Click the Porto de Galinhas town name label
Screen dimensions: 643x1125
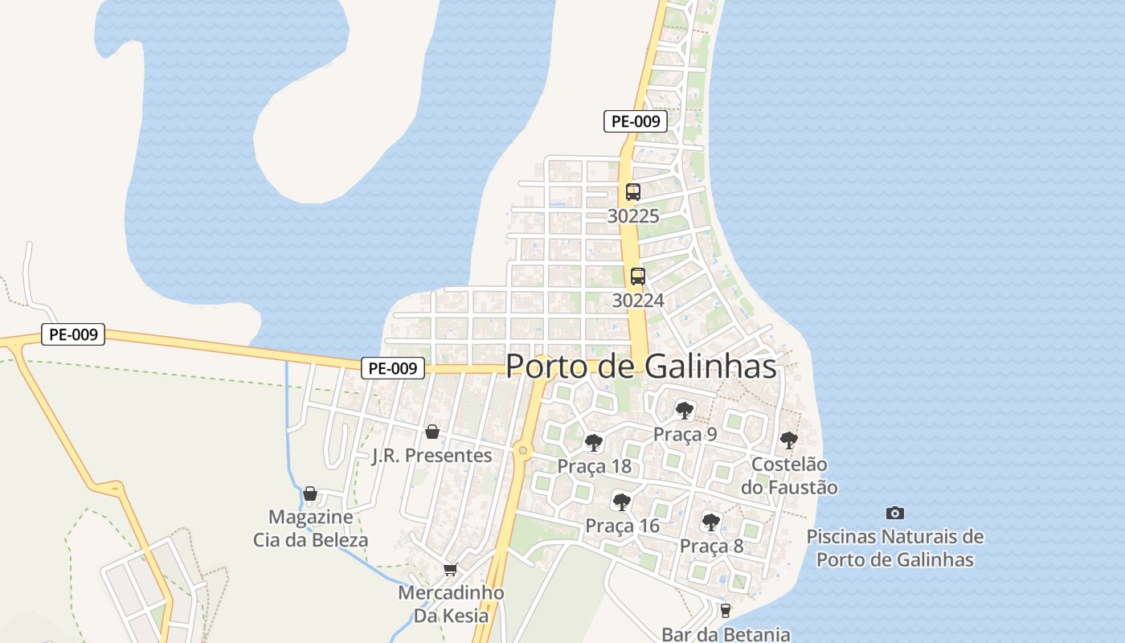(641, 367)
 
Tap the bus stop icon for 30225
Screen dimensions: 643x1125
(633, 192)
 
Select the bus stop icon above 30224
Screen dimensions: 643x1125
(638, 276)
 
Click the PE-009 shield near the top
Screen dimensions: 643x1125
(636, 121)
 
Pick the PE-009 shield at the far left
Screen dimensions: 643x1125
(73, 334)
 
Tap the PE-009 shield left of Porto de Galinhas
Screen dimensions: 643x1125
(392, 368)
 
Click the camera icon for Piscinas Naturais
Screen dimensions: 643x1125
(894, 513)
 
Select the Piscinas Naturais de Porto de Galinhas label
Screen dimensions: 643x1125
(894, 548)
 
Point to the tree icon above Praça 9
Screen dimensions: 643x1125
(685, 411)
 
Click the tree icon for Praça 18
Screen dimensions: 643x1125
(594, 442)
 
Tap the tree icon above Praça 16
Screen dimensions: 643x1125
(621, 502)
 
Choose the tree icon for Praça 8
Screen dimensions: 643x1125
(711, 522)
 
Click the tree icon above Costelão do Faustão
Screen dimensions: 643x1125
(789, 440)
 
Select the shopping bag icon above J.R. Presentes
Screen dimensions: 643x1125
(432, 432)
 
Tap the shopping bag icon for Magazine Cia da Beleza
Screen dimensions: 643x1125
(310, 493)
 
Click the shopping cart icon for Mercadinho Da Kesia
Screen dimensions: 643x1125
(450, 569)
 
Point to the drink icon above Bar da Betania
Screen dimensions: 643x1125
(726, 611)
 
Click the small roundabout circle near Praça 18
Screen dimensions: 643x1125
(523, 450)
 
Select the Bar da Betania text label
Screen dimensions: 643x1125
(726, 634)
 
